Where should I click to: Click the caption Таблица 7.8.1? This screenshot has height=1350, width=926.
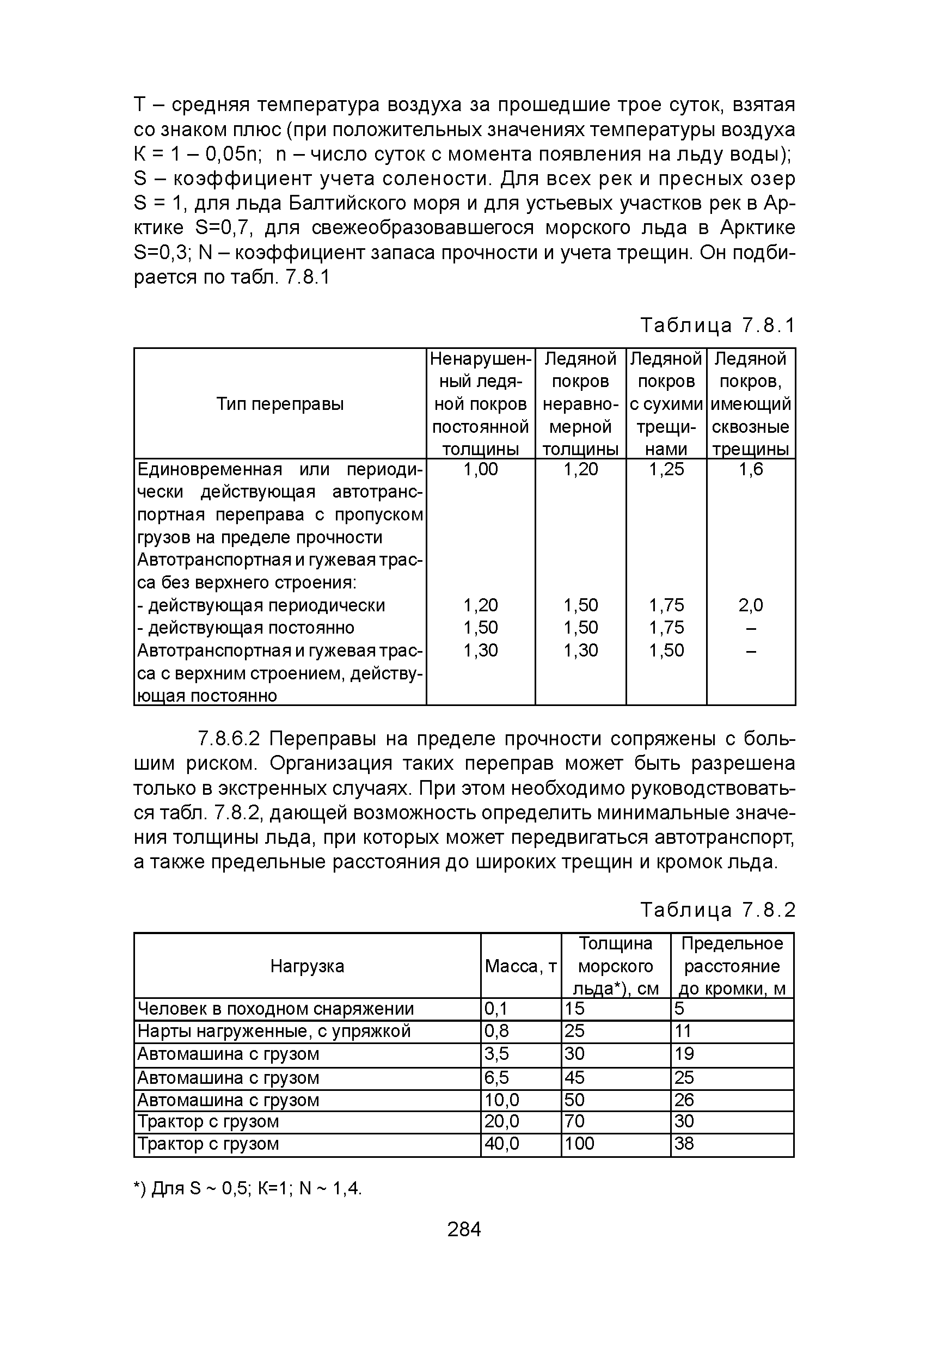(717, 326)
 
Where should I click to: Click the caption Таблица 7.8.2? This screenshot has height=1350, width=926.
(717, 910)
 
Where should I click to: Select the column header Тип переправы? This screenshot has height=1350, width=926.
(280, 404)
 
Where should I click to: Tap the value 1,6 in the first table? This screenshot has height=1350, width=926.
(751, 469)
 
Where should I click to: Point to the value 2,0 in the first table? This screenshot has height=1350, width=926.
(751, 605)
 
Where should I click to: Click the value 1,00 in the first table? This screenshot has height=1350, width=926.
(481, 469)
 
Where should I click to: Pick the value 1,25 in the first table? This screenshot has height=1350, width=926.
(666, 469)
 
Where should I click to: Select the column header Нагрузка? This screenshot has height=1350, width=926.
(308, 966)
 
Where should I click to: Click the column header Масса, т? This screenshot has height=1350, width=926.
(520, 966)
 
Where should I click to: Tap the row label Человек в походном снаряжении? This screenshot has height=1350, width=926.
(276, 1009)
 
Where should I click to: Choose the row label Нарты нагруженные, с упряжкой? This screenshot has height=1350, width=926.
(274, 1031)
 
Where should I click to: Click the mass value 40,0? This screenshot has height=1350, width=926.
(502, 1144)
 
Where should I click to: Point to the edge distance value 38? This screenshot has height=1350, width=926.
(684, 1144)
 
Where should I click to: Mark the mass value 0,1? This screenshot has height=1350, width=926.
(495, 1009)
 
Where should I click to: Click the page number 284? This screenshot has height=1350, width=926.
(464, 1230)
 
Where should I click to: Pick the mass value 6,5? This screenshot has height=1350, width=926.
(496, 1078)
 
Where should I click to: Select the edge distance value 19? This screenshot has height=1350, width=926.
(684, 1054)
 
